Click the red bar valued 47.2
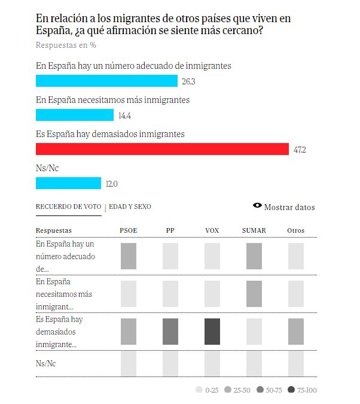161,149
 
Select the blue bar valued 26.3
106,81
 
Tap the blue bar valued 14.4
75,115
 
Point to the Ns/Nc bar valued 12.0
68,183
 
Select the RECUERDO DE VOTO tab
68,206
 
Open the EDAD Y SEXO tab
130,206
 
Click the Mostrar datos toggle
289,207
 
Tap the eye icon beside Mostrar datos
257,206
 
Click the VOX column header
212,230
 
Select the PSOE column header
129,230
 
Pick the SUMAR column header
254,230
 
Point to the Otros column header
295,230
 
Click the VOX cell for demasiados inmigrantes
212,332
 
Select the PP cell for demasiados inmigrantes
170,332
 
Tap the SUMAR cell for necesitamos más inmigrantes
254,294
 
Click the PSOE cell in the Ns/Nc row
129,363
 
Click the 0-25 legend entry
207,390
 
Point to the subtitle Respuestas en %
66,45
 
